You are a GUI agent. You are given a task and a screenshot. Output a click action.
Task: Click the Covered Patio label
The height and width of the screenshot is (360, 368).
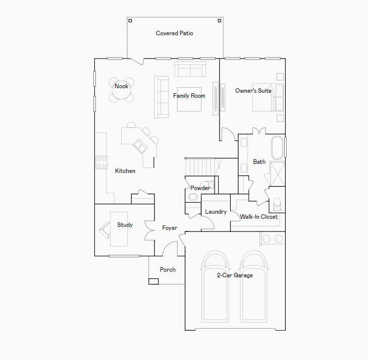point(174,33)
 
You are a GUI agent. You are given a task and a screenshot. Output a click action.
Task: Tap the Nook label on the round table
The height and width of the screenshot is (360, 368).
point(121,86)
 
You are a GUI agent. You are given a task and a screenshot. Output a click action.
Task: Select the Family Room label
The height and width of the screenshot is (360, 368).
point(189,96)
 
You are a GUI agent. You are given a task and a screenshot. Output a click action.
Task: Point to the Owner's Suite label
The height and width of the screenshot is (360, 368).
point(253,91)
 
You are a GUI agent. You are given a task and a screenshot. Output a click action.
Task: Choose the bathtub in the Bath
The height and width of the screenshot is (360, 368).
point(277,147)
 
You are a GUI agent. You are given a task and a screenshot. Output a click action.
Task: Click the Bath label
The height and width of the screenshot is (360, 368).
point(259,162)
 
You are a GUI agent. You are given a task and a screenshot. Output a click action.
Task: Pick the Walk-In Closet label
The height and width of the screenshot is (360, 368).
point(258,217)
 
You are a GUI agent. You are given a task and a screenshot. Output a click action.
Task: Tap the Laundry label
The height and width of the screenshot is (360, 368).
point(216,212)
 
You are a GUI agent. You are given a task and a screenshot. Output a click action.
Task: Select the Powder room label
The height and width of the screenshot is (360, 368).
point(200,188)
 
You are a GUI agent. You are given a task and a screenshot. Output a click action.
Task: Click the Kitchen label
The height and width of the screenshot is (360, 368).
point(125,171)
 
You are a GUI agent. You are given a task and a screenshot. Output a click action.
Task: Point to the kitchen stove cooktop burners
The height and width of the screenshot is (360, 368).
point(101,162)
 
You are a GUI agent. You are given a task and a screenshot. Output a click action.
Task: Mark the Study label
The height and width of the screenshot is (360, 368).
point(125,225)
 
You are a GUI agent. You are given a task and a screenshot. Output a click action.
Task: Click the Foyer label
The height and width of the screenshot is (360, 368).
point(170,228)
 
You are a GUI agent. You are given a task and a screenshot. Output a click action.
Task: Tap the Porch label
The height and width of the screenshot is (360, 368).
point(168,270)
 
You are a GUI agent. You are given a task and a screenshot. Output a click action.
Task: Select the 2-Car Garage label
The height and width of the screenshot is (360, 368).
point(235,275)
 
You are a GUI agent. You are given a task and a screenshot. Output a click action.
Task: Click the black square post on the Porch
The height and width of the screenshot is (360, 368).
point(153,281)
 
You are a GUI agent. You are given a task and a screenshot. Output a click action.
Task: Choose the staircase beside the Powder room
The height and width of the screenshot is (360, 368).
point(202,165)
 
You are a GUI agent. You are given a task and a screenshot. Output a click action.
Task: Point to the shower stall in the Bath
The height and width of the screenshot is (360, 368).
point(277,174)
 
